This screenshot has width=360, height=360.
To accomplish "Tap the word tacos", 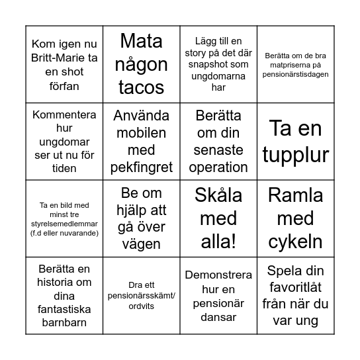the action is click(142, 87).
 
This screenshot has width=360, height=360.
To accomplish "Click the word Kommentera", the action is click(64, 114).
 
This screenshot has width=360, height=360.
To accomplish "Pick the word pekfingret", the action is click(142, 166).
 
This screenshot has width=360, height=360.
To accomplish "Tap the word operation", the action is click(218, 166).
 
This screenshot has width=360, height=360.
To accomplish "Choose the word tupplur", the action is click(295, 154).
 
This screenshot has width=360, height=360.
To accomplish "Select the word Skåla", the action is click(218, 195).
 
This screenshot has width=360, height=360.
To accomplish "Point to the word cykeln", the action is click(295, 243).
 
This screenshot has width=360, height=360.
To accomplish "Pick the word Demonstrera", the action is click(218, 274).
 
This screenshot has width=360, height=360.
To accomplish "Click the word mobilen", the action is click(142, 132).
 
